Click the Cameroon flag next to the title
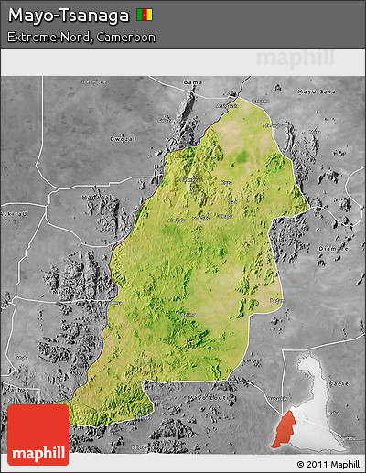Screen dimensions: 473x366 145,15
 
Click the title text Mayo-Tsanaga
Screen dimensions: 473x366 68,15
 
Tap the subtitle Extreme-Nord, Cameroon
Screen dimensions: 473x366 81,38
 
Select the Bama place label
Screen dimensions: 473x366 192,83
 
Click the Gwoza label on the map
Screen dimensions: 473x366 123,139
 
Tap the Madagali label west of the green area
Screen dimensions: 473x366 92,197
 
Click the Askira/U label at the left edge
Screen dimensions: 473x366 11,214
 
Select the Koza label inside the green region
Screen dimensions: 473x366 226,182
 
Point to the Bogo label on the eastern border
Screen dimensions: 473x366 276,299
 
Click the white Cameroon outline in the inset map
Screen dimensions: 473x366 316,403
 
